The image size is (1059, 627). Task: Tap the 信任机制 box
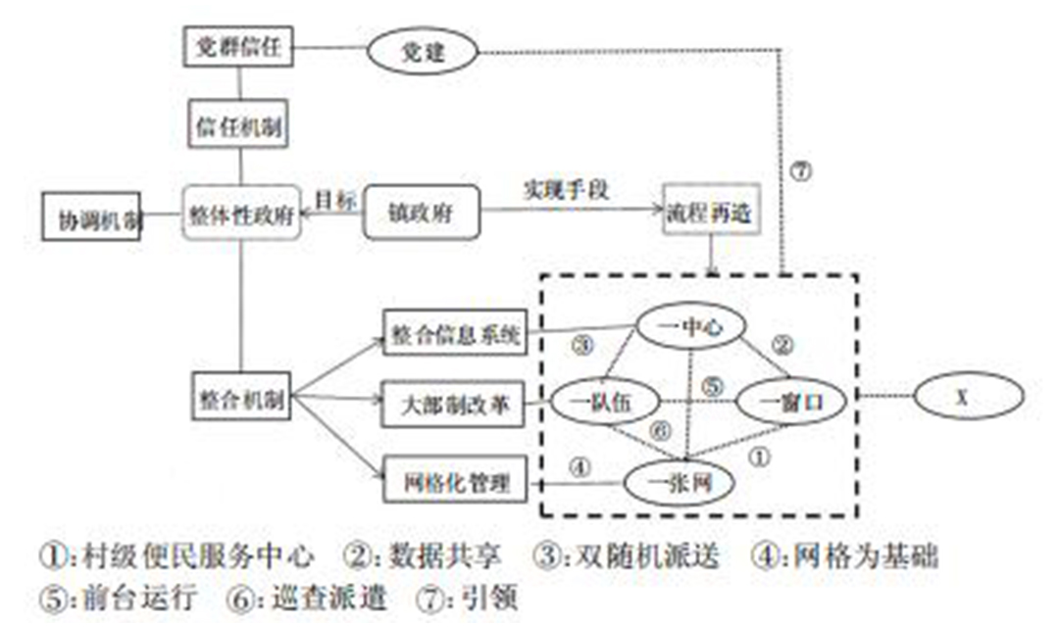(x=239, y=127)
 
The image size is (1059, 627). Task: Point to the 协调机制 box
(x=92, y=217)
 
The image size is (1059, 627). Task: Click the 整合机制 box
(x=240, y=399)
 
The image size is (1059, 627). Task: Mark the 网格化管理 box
(x=454, y=480)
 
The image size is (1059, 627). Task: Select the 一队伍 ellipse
(x=600, y=401)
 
